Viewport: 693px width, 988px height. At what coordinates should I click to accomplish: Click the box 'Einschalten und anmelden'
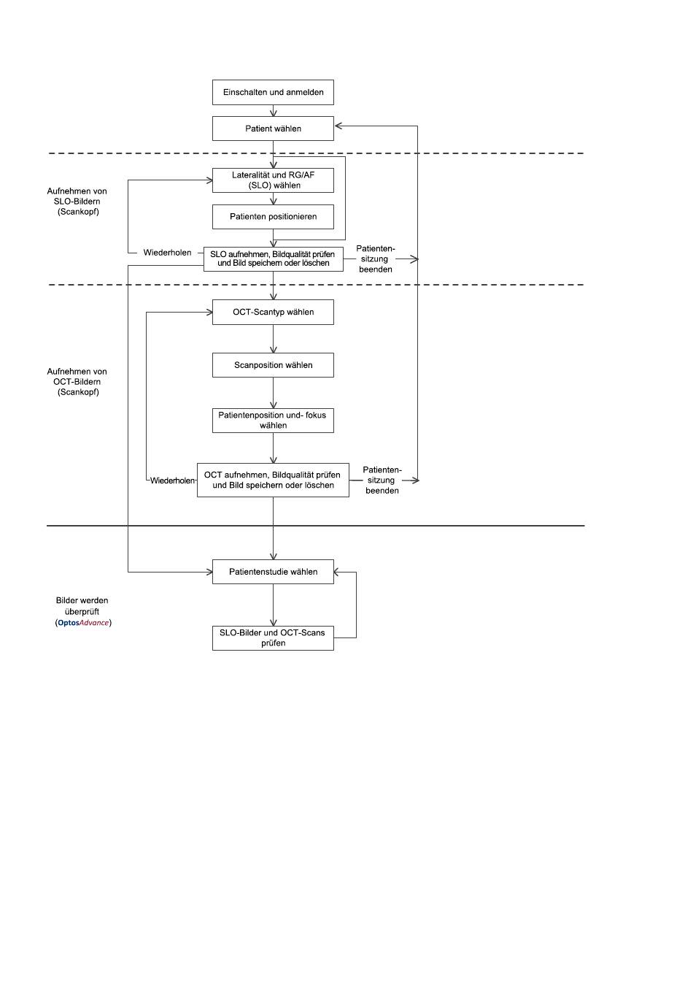coord(273,92)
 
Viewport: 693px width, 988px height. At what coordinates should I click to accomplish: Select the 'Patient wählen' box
coord(273,129)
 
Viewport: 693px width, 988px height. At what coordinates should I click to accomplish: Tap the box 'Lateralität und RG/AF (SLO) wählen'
coord(273,180)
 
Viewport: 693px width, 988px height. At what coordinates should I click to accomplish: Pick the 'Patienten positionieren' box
coord(273,217)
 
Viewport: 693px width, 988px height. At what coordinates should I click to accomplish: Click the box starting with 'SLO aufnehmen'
coord(273,259)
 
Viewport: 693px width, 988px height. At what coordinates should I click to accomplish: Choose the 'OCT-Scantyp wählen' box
coord(273,313)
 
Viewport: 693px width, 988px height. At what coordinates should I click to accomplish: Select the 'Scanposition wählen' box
coord(273,365)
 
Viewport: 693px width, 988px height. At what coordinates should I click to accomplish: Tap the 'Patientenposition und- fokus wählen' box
coord(273,421)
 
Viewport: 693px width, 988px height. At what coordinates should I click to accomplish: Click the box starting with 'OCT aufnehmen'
coord(273,480)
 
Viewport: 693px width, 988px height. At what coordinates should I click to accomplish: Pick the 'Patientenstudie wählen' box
coord(273,572)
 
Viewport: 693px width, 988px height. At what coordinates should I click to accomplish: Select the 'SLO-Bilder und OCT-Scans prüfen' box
coord(273,637)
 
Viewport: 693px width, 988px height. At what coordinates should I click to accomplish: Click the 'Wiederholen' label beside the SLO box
coord(167,253)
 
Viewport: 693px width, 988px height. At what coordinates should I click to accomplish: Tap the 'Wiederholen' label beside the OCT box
coord(172,480)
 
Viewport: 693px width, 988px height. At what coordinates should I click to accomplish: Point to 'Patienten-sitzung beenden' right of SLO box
coord(376,259)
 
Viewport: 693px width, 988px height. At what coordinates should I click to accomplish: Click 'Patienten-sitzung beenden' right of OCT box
coord(382,480)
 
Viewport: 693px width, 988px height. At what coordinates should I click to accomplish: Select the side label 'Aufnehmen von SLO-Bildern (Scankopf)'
coord(77,201)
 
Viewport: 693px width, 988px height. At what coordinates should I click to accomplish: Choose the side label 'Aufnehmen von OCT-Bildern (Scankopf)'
coord(77,381)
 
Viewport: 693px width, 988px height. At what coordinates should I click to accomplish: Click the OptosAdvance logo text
coord(83,623)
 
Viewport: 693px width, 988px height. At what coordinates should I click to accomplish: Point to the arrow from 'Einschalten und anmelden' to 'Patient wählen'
coord(273,111)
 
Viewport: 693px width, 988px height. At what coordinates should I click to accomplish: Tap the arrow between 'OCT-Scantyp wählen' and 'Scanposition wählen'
coord(273,339)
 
